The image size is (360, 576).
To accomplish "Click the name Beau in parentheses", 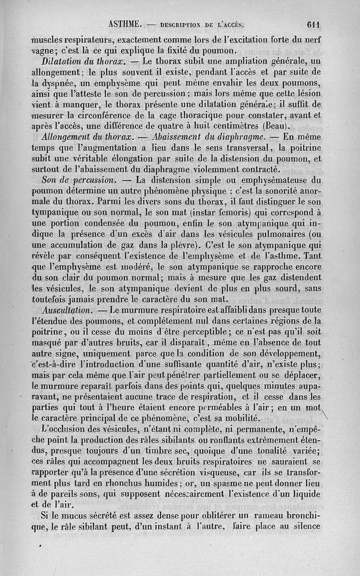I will pyautogui.click(x=276, y=125).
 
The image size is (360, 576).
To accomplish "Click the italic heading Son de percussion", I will pyautogui.click(x=78, y=180).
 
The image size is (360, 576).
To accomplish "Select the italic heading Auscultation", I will pyautogui.click(x=67, y=310).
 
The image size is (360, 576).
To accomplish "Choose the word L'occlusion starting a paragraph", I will pyautogui.click(x=67, y=429).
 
